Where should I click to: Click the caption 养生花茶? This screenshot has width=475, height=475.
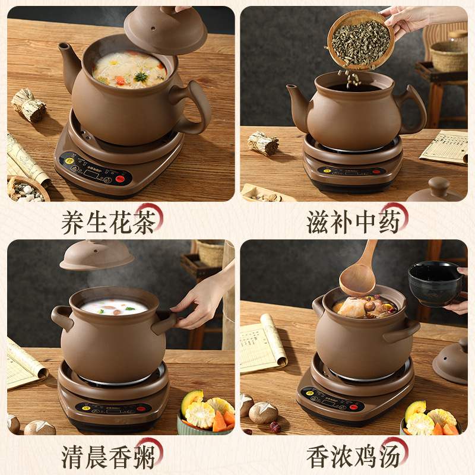click(111, 220)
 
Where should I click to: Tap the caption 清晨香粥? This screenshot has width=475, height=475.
click(111, 455)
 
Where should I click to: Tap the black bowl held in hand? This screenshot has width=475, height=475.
click(435, 283)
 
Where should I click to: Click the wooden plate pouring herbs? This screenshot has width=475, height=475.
click(360, 39)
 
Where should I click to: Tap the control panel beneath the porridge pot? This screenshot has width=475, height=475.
click(113, 408)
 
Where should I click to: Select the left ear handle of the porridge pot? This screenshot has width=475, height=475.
click(61, 316)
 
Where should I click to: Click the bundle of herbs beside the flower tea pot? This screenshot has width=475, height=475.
click(28, 105)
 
